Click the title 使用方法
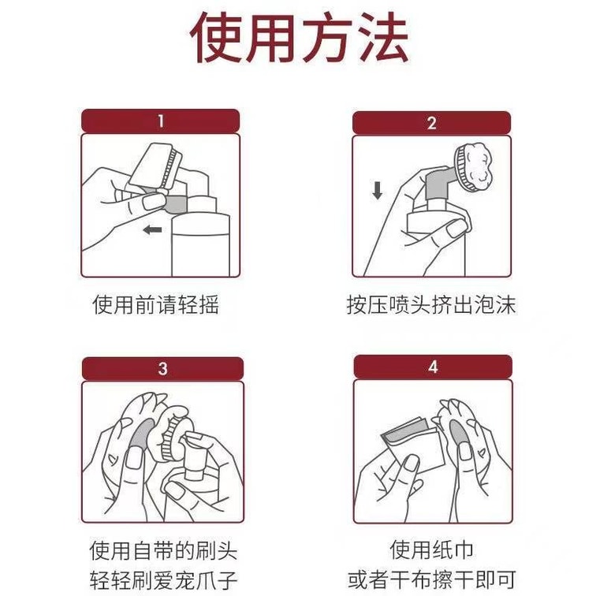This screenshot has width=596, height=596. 299,38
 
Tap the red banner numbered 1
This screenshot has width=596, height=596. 160,121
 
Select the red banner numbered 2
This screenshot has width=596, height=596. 431,123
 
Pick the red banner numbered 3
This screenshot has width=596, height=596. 162,368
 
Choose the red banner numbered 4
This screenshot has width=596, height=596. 433,367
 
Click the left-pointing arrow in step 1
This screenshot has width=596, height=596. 152,229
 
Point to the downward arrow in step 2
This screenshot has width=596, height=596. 377,191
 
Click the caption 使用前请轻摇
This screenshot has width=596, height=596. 156,304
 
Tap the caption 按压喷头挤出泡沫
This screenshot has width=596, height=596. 431,304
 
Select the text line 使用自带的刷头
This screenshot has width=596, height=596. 163,550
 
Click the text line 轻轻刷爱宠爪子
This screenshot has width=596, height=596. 163,580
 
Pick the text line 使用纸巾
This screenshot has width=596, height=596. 431,549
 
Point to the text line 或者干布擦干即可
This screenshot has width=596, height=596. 432,579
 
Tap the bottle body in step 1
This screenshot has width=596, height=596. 201,245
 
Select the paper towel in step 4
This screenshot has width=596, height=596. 413,445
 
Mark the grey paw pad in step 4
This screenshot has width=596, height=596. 458,434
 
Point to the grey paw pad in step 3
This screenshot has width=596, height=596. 143,434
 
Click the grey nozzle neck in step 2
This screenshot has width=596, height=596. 438,185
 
